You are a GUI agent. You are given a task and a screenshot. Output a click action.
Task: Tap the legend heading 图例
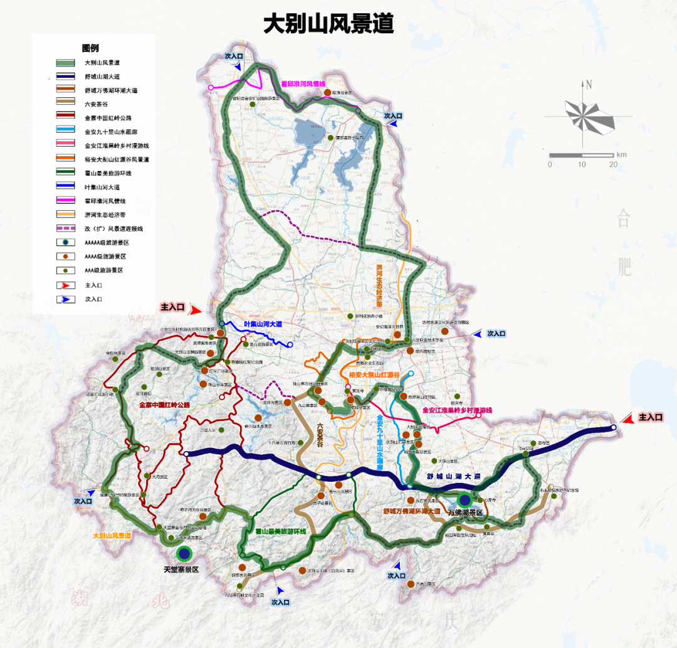[x=90, y=48]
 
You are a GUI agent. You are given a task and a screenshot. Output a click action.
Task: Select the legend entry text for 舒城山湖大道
[x=102, y=77]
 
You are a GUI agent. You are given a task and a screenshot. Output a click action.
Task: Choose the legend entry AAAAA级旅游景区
[x=107, y=242]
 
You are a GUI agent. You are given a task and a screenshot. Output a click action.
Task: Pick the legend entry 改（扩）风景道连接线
[x=114, y=228]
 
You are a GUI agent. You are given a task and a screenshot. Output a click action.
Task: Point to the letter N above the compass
[x=587, y=84]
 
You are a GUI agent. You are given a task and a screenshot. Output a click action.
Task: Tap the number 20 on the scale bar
[x=612, y=164]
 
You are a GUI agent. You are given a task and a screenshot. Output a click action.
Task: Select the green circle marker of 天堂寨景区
[x=184, y=553]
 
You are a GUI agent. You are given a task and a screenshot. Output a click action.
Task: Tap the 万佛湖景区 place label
[x=465, y=513]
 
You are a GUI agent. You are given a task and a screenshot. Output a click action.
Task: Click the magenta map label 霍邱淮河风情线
[x=303, y=83]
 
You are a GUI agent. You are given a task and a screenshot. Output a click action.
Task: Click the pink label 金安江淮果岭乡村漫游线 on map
[x=458, y=410]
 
